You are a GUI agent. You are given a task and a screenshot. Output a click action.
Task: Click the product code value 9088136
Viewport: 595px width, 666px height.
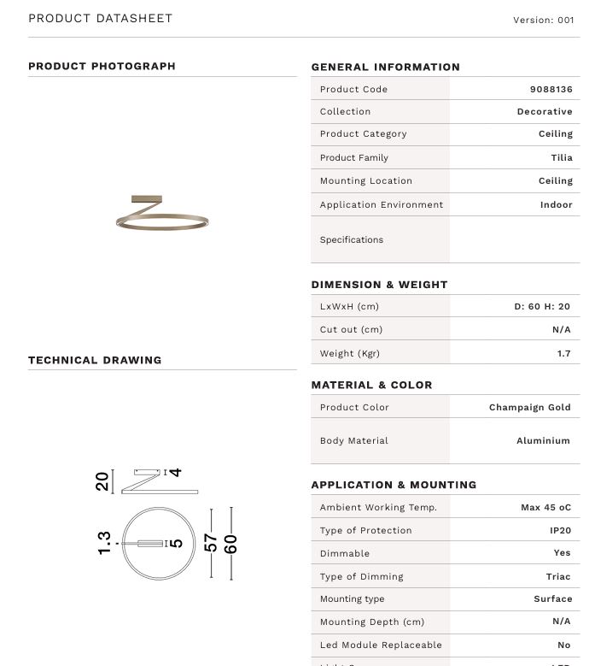551,89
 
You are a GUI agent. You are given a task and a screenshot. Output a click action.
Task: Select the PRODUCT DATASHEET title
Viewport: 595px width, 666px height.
100,18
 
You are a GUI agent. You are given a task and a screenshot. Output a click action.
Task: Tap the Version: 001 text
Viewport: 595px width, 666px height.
543,20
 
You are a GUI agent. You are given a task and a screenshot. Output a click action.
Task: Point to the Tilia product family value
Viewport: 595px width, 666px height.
561,157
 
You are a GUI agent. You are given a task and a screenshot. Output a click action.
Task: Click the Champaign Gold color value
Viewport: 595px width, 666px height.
529,407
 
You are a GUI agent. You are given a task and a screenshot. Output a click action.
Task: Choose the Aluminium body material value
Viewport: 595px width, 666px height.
543,440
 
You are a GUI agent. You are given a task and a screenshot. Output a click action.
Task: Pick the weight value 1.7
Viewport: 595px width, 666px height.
563,353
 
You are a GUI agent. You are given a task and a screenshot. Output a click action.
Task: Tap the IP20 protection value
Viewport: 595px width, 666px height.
560,530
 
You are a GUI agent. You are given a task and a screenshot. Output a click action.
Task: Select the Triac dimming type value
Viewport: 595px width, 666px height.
558,576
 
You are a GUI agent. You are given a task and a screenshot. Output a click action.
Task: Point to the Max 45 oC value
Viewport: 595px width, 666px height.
545,507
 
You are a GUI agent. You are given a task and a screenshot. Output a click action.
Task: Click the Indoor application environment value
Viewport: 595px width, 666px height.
556,204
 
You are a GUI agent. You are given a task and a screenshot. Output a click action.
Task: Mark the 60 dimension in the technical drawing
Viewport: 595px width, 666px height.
230,543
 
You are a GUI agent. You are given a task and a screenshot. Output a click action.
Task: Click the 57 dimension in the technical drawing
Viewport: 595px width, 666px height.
211,543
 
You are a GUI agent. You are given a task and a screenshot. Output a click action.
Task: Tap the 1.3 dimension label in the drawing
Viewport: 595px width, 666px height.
104,543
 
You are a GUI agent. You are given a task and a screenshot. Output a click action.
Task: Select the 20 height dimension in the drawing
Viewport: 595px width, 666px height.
103,481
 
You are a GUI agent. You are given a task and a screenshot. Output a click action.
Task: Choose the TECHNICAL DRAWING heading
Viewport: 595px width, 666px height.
95,360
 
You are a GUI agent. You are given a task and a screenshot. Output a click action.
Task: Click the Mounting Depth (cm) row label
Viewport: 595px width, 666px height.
371,622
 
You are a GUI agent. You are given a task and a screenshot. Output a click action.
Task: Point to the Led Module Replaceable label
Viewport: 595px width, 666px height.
381,645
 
